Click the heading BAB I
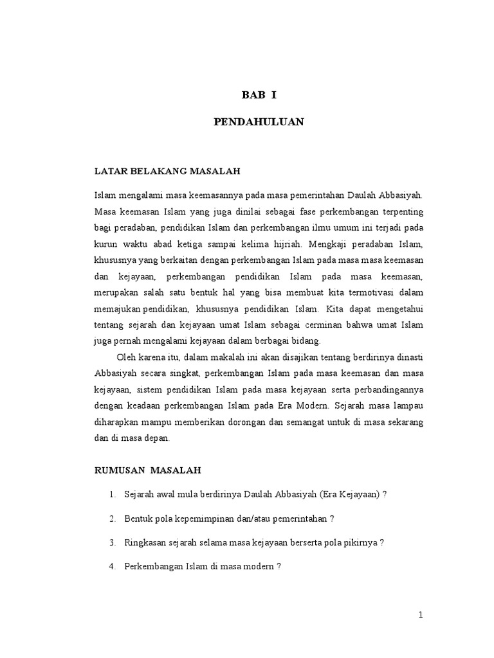[259, 96]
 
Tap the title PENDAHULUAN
[259, 122]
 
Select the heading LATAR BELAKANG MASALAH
[167, 171]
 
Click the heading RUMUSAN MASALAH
[147, 470]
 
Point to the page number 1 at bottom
[421, 615]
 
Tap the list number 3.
[112, 542]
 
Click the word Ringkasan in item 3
[146, 542]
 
